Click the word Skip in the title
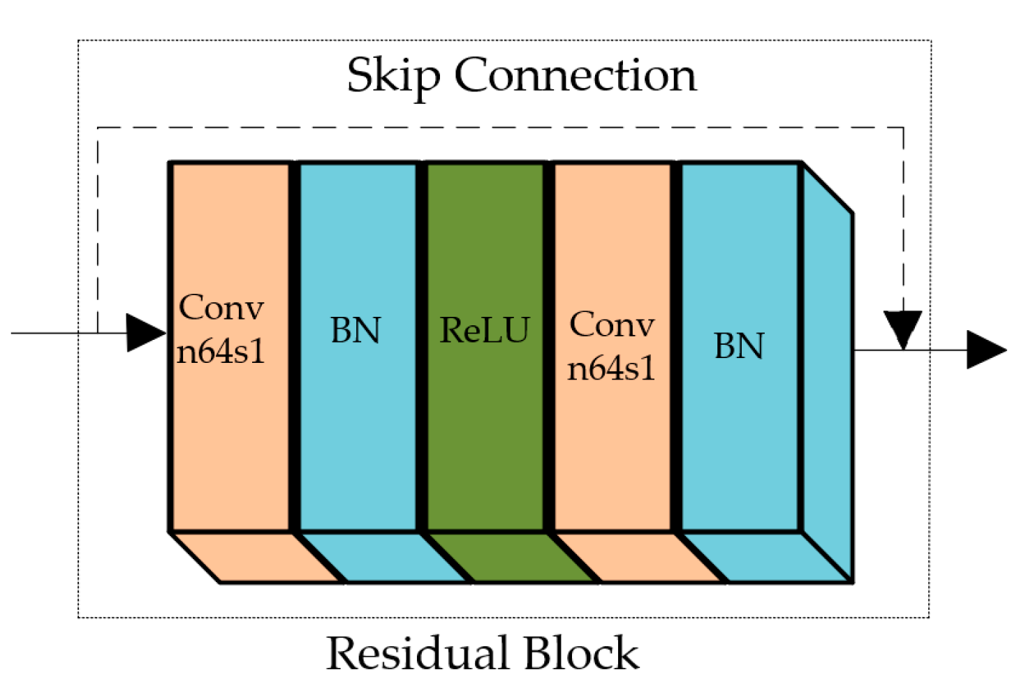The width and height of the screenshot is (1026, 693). coord(393,76)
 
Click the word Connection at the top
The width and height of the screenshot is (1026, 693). coord(576,75)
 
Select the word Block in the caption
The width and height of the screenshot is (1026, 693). coord(581,654)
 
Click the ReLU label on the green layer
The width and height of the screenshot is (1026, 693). coord(484,330)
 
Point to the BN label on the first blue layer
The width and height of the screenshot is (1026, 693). coord(356,330)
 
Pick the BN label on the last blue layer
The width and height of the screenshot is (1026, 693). coord(739,346)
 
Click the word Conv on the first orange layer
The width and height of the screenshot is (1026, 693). coord(221,308)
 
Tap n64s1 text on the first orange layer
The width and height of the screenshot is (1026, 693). coord(221,351)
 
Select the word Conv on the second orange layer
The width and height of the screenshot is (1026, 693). coord(612,325)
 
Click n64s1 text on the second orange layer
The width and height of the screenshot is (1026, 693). coord(612,368)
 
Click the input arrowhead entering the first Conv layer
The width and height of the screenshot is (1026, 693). coord(145,333)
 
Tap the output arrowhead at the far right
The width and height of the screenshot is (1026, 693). coord(985,350)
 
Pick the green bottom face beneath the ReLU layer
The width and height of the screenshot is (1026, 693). coord(510,557)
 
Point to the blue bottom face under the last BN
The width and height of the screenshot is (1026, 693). coord(765,557)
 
